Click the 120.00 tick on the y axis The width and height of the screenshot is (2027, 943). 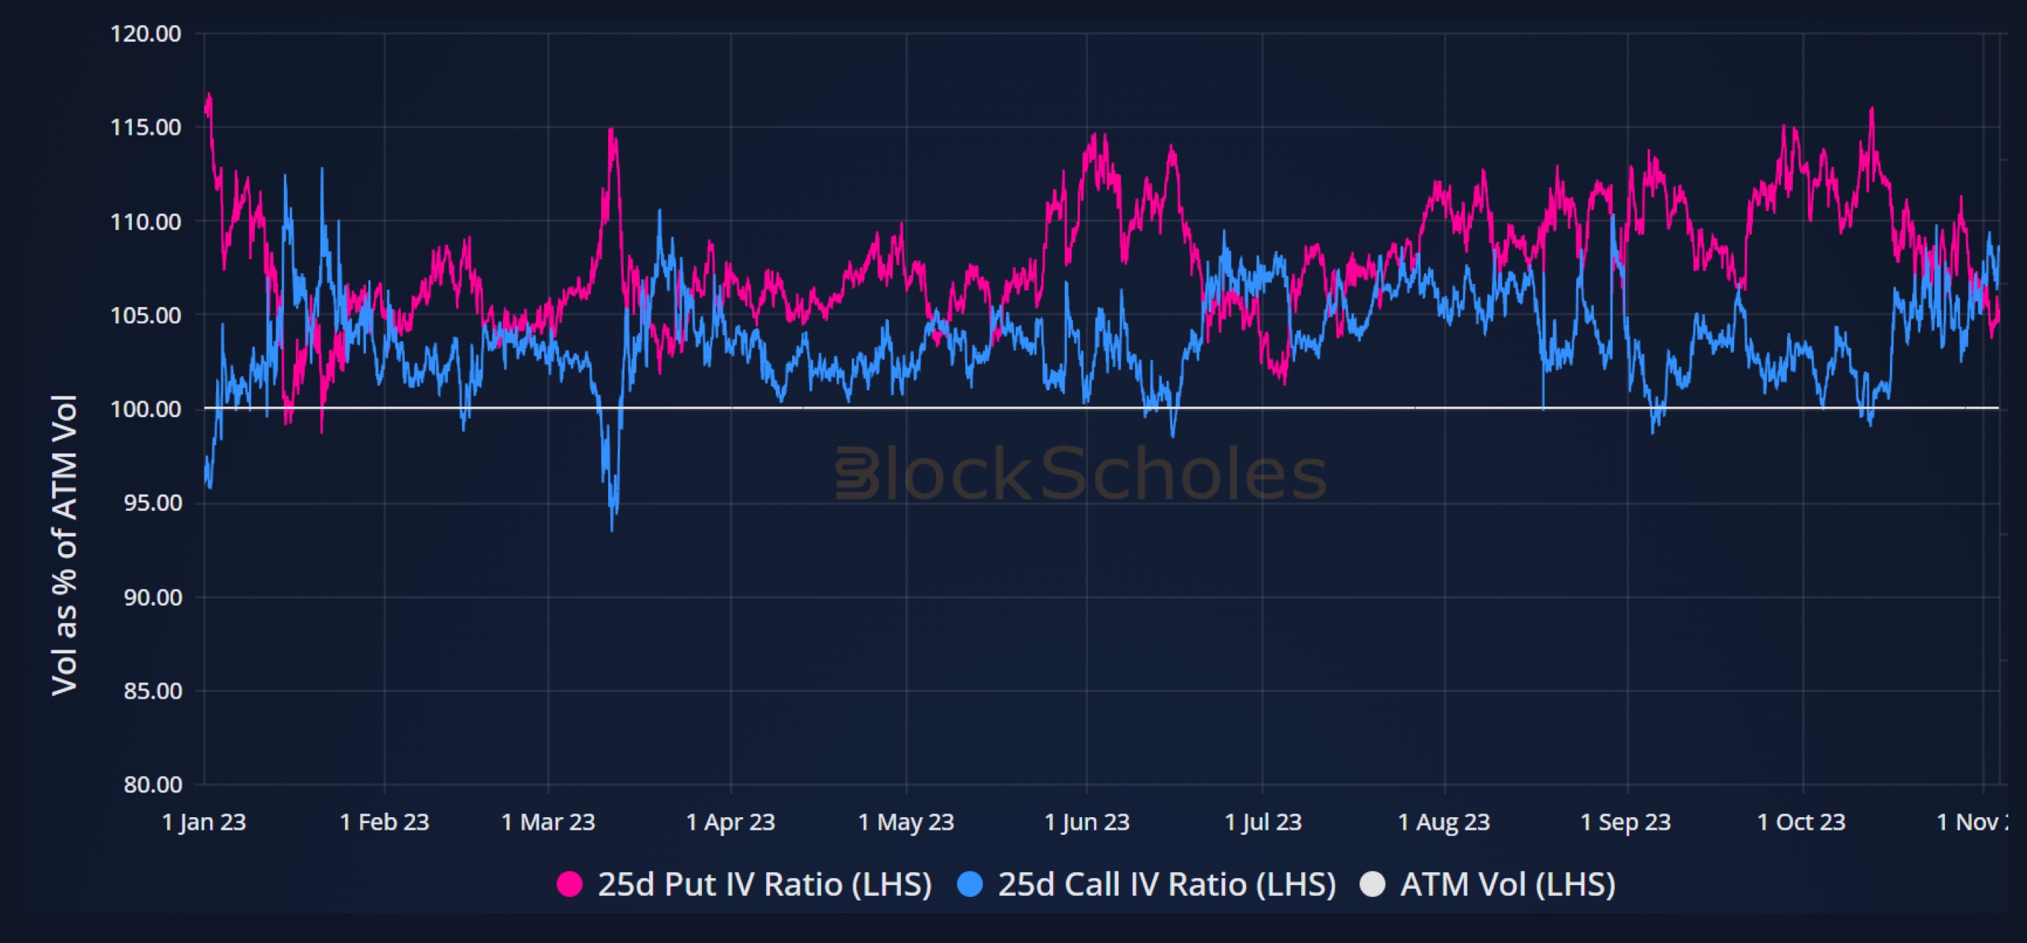point(145,34)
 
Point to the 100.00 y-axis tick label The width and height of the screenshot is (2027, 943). point(145,409)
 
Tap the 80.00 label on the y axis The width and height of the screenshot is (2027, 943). point(153,784)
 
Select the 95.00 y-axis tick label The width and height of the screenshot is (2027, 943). point(153,503)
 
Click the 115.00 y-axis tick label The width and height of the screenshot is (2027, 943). point(145,127)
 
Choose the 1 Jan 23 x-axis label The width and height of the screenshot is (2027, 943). point(203,822)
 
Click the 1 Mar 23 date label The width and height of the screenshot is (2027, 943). point(548,822)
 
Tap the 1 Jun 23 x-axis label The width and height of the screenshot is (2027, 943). point(1087,822)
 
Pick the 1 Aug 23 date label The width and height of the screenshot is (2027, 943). point(1444,822)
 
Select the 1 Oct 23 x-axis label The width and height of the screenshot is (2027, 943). point(1801,822)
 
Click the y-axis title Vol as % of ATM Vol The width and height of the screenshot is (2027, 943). point(65,544)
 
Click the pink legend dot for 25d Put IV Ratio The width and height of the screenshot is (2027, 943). point(569,884)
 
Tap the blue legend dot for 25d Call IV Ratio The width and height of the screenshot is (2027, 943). point(970,884)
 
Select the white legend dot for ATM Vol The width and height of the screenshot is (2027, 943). point(1372,884)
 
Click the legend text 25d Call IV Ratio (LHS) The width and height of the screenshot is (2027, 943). point(1167,884)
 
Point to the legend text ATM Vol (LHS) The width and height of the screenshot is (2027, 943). point(1508,884)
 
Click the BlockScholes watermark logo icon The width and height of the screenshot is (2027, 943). point(856,474)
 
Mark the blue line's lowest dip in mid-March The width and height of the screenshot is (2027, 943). point(612,529)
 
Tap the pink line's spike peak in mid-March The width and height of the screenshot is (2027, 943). point(611,130)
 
